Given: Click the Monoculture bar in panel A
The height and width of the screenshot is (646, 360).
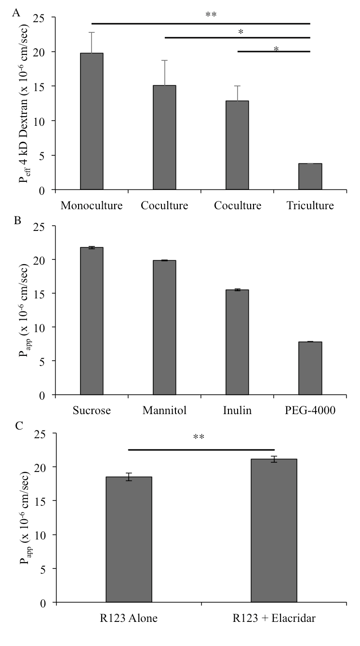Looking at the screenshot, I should click(x=92, y=121).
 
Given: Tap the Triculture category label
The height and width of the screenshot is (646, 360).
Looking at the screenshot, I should click(x=310, y=205).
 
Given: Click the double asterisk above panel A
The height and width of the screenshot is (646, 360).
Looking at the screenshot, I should click(x=211, y=15).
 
